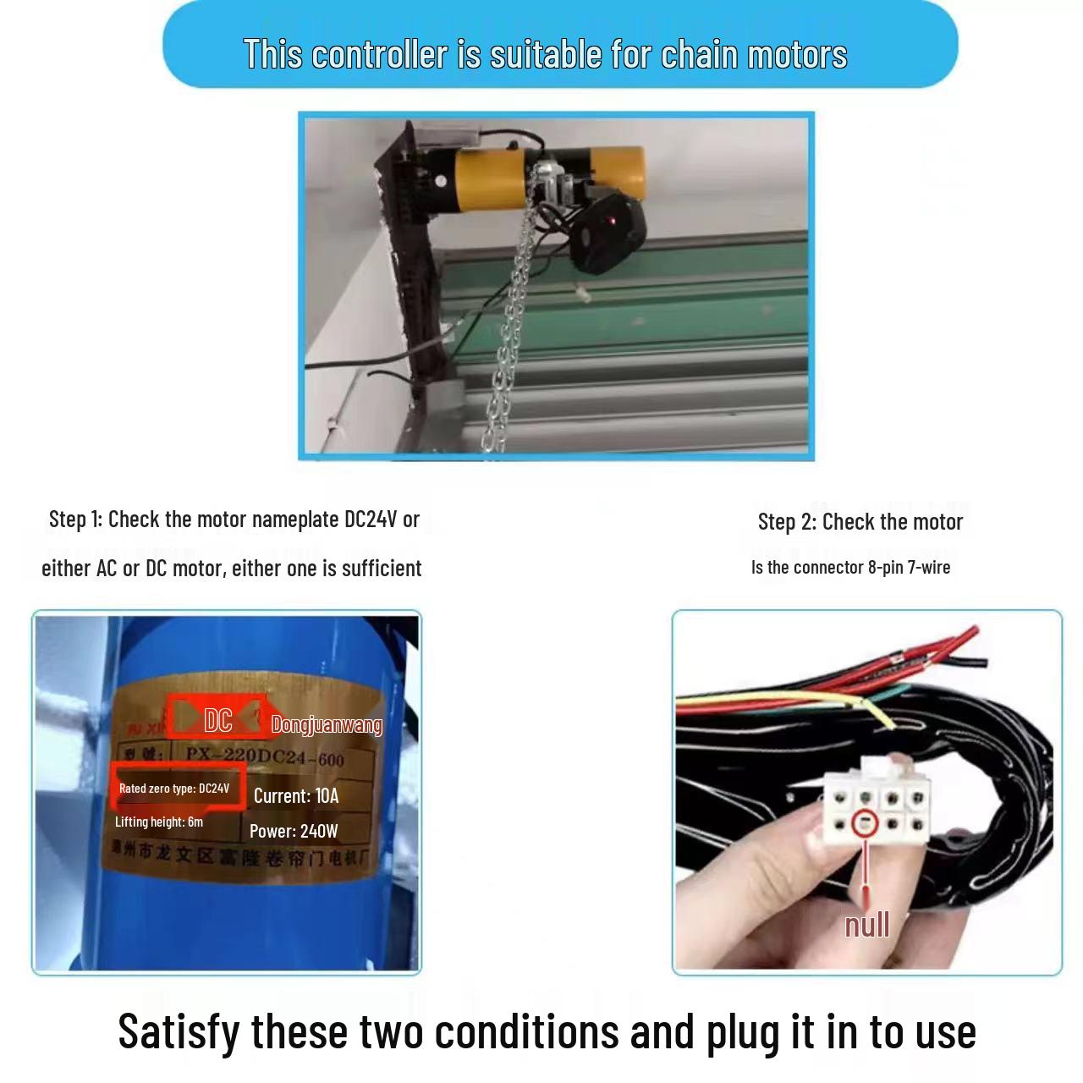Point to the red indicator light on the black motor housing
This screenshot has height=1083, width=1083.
tap(613, 222)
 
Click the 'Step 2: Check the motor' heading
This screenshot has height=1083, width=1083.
tap(860, 522)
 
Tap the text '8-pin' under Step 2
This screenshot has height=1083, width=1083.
tap(885, 568)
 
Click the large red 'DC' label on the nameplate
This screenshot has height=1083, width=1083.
tap(218, 720)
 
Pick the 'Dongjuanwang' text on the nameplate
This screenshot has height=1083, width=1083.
tap(327, 724)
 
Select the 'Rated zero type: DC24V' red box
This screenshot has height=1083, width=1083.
tap(175, 788)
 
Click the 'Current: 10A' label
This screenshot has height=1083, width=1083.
tap(296, 796)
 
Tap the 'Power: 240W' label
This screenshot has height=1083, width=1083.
tap(294, 831)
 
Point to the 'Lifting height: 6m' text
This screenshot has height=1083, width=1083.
tap(159, 822)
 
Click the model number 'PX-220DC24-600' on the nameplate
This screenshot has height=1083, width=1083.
tap(265, 756)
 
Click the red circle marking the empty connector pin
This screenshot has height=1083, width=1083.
tap(865, 823)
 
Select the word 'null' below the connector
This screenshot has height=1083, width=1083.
tap(867, 925)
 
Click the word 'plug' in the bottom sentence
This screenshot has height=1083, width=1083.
tap(742, 1033)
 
